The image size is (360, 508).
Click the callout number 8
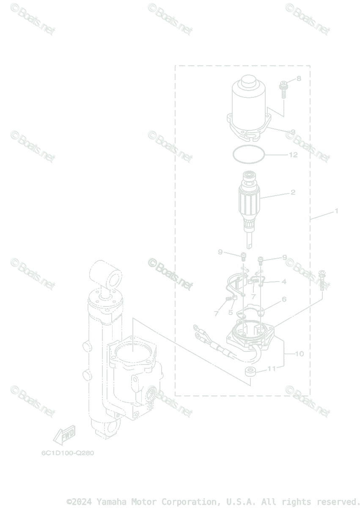pyautogui.click(x=298, y=78)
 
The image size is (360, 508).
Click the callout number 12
pyautogui.click(x=293, y=155)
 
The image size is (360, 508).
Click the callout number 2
pyautogui.click(x=293, y=192)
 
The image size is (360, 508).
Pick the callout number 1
pyautogui.click(x=337, y=210)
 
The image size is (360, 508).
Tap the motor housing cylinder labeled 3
pyautogui.click(x=247, y=102)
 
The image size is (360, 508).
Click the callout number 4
pyautogui.click(x=284, y=282)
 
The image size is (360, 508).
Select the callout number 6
pyautogui.click(x=284, y=299)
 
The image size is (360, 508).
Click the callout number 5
pyautogui.click(x=231, y=312)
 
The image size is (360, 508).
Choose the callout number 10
pyautogui.click(x=299, y=353)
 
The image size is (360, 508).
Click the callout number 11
pyautogui.click(x=271, y=369)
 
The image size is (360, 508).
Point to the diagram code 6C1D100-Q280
pyautogui.click(x=68, y=453)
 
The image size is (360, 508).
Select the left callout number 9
pyautogui.click(x=220, y=252)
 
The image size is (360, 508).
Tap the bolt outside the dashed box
pyautogui.click(x=324, y=280)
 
